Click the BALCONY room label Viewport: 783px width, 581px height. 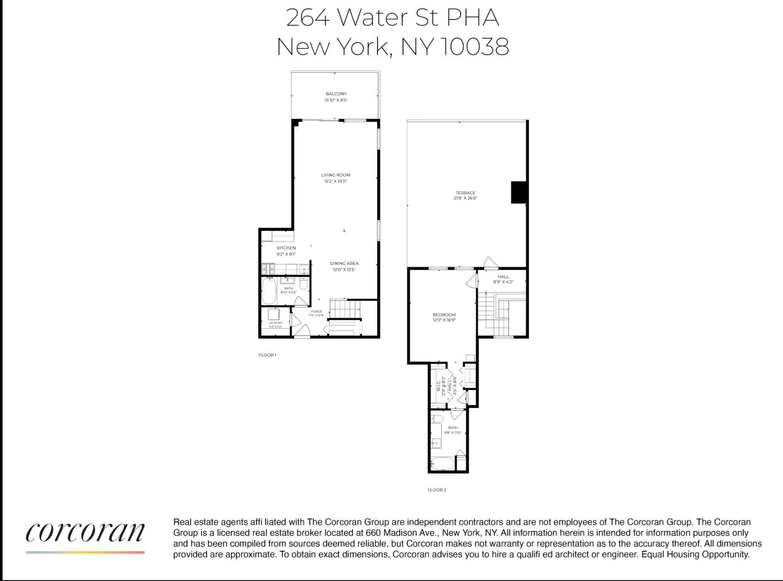pos(336,94)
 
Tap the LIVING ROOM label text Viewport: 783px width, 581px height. pos(335,175)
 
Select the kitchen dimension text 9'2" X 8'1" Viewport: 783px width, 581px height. pos(286,254)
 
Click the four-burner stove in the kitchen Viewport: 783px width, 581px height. pos(268,269)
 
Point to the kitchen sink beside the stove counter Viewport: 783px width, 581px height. pos(304,269)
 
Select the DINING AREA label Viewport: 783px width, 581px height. pos(344,263)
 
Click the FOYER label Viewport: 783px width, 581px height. pos(316,311)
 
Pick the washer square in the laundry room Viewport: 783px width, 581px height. pos(273,314)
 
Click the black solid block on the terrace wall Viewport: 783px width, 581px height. pos(519,192)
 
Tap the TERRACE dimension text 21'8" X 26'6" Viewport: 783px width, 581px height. pos(465,198)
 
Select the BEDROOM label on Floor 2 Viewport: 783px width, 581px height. pos(444,315)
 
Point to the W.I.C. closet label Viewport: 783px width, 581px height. pos(438,385)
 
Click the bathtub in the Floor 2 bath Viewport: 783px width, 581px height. pos(442,463)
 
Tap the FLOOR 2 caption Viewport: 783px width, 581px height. pos(437,490)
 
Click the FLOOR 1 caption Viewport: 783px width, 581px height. pos(267,355)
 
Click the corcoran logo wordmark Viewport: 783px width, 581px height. pos(85,533)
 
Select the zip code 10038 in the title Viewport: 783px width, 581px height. pos(474,47)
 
